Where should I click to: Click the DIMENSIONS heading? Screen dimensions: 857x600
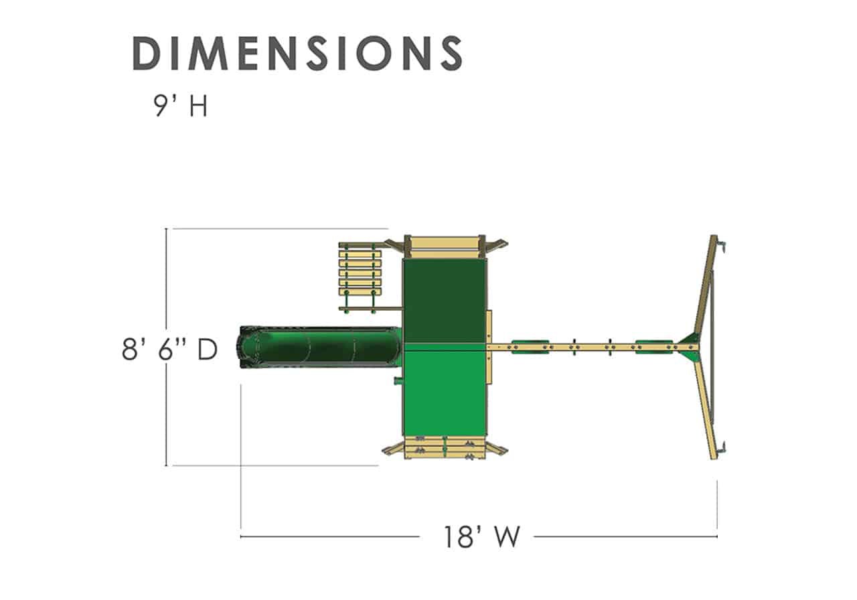pos(298,53)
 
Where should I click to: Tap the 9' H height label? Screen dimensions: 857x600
pos(181,106)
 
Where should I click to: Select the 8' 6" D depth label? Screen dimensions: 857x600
pos(169,349)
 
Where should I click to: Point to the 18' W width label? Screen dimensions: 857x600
pos(481,537)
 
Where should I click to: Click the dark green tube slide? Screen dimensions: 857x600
pos(319,347)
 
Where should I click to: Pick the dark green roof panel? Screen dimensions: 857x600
pos(445,301)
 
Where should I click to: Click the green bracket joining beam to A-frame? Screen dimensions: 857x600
pos(688,347)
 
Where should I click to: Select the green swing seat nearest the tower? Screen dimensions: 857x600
pos(530,347)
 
